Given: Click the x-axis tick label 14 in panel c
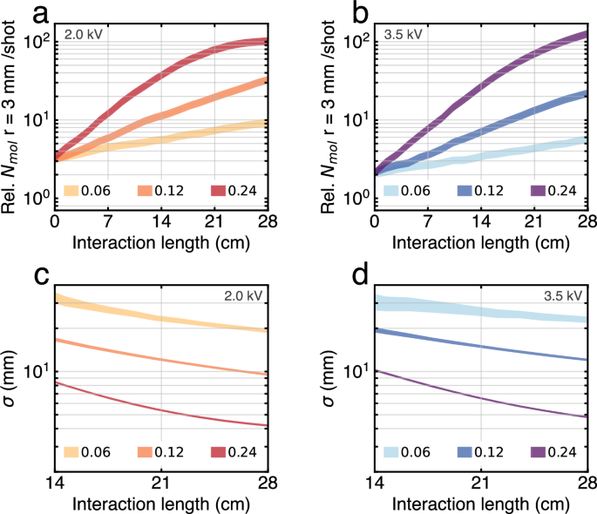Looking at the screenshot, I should coord(55,484).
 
